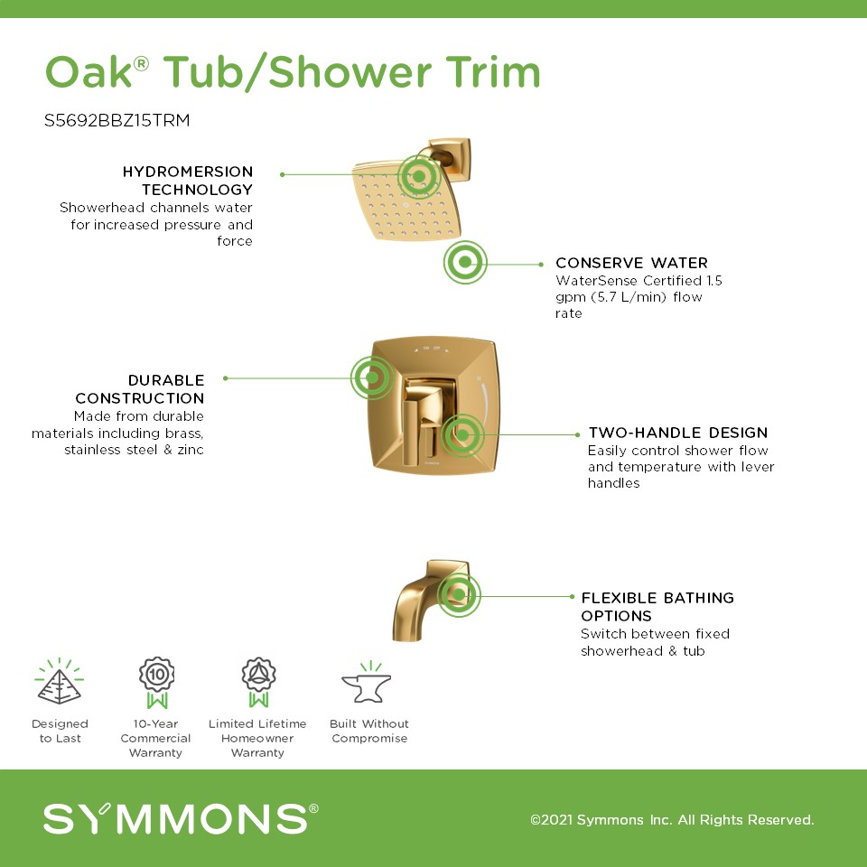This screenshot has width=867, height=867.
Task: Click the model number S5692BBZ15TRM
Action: [x=117, y=120]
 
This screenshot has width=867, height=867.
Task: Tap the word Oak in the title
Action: [x=89, y=72]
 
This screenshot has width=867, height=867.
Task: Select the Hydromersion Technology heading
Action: [x=188, y=181]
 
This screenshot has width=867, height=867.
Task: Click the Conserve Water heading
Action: [x=631, y=263]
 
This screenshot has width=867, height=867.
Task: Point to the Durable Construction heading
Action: [x=140, y=388]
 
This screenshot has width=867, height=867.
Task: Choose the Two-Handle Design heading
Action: [x=678, y=433]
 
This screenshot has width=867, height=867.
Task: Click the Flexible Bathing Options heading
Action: [x=657, y=607]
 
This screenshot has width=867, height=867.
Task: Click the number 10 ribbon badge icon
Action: [x=156, y=683]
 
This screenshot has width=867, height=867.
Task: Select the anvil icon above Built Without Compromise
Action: [x=368, y=684]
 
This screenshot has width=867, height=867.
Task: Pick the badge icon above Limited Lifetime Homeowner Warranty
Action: [x=258, y=683]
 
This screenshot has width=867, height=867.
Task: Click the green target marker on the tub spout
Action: [x=459, y=595]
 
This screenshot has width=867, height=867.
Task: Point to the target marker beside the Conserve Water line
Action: [x=465, y=262]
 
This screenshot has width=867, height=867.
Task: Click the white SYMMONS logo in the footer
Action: [x=181, y=819]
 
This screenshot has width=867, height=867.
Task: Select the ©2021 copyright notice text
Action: [x=672, y=819]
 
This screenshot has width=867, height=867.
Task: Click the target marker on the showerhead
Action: [x=419, y=176]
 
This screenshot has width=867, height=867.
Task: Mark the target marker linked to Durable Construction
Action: [x=372, y=378]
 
